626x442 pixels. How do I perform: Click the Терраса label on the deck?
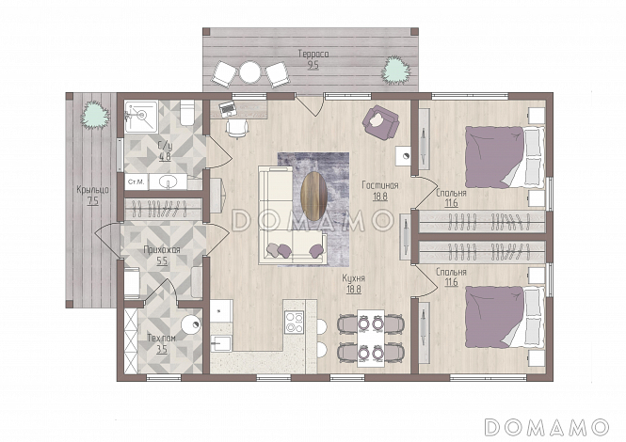tap(313, 54)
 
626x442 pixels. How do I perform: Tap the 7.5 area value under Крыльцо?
tap(92, 201)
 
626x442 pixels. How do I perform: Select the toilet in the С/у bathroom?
tap(186, 113)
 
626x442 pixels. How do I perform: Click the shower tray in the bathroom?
tap(141, 116)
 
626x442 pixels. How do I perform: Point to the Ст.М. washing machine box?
tap(136, 182)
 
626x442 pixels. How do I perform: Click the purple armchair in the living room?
tap(380, 121)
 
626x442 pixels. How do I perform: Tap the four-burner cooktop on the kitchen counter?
tap(295, 323)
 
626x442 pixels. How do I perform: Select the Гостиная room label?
tap(380, 185)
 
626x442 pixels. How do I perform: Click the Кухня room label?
tap(353, 278)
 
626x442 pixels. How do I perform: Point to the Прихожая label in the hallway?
tap(162, 250)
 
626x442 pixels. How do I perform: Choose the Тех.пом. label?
tap(161, 339)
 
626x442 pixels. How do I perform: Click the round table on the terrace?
tap(249, 71)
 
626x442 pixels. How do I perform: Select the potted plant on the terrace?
tap(395, 71)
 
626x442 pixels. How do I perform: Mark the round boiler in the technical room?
tap(191, 325)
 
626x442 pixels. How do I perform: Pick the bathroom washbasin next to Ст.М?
tap(168, 182)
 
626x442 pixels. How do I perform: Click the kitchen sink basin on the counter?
tap(221, 343)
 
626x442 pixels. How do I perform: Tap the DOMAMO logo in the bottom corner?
tap(547, 427)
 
